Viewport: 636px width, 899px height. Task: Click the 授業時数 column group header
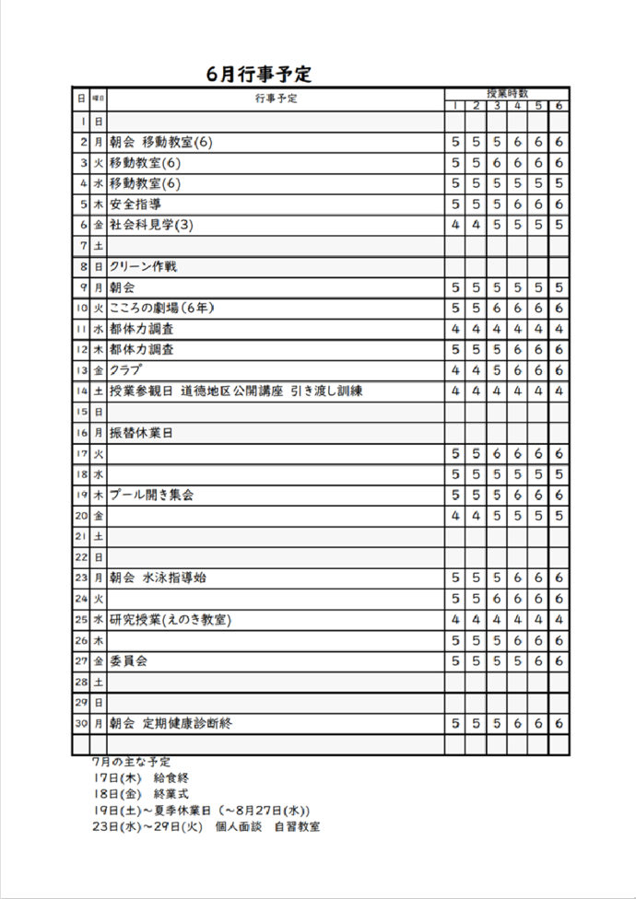tap(507, 93)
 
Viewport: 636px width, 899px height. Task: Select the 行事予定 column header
tap(277, 99)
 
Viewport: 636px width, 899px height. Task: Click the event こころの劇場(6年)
tap(162, 308)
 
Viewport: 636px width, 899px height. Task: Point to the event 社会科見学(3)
tap(151, 225)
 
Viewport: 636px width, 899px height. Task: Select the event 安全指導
tap(135, 204)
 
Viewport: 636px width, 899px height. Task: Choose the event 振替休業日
tap(141, 432)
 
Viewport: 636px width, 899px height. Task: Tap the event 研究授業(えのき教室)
tap(170, 619)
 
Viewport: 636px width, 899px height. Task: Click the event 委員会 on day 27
tap(129, 660)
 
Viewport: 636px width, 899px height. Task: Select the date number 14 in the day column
tap(82, 391)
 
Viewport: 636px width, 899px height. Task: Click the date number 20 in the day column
tap(82, 516)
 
